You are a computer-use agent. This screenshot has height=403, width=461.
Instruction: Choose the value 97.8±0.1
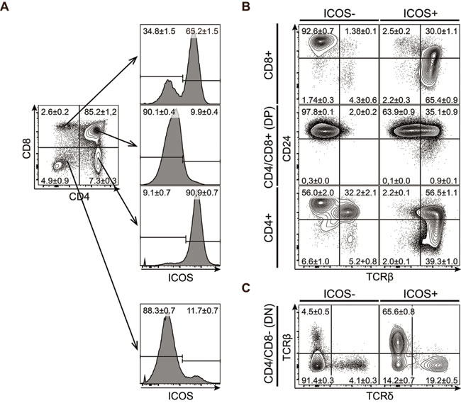pyautogui.click(x=313, y=110)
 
